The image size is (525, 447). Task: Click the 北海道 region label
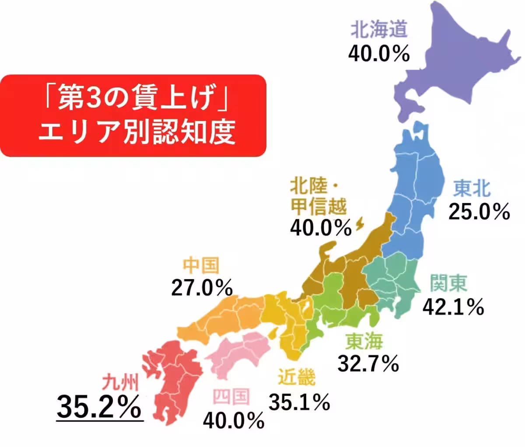(379, 30)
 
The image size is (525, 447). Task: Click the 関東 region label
(448, 283)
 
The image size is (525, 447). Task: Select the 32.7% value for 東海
(368, 363)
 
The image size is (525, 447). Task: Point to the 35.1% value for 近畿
(299, 402)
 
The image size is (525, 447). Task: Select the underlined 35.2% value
(100, 407)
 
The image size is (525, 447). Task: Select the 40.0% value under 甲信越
(321, 227)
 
